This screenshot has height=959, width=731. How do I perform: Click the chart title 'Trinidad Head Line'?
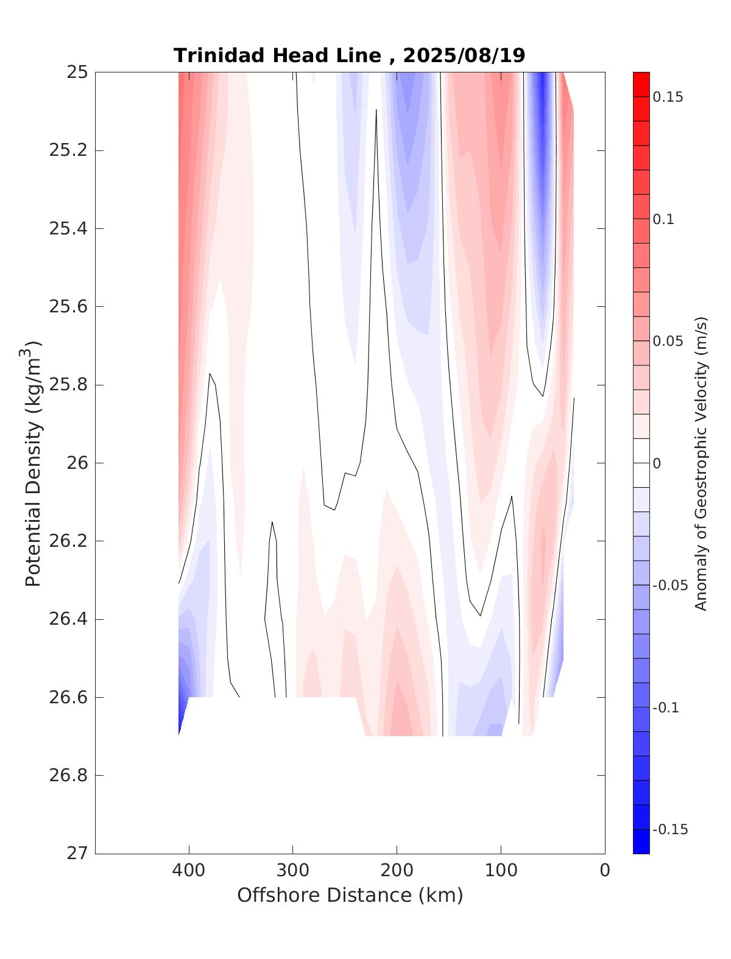pos(277,55)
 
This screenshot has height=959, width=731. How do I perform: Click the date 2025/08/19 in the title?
pos(464,55)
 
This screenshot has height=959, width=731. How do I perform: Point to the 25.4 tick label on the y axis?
pos(68,229)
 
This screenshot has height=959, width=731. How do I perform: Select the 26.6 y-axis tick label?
pos(68,697)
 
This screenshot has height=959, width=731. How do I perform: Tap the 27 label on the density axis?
pos(77,854)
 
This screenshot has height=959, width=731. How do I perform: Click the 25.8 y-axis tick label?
pos(68,385)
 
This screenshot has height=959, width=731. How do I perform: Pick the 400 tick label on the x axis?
pos(189,871)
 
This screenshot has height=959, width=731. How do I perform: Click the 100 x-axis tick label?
pos(501,871)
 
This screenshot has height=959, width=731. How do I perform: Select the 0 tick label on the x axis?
pos(605,871)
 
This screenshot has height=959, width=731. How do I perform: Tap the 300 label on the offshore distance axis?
pos(293,871)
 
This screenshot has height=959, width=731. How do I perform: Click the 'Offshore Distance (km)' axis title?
pos(350,895)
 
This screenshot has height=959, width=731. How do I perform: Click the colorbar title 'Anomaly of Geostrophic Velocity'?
pos(701,463)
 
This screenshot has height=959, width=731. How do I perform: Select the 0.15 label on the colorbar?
pos(668,97)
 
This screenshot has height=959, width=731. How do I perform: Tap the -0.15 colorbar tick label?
pos(669,830)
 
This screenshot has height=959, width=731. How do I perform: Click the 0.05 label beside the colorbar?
pos(668,342)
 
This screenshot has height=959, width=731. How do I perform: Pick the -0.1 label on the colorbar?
pos(665,708)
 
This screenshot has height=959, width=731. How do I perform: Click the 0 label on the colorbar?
pos(657,464)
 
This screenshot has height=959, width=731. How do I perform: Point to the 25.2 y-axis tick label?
pos(68,150)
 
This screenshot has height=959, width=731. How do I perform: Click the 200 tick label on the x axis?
pos(397,871)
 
